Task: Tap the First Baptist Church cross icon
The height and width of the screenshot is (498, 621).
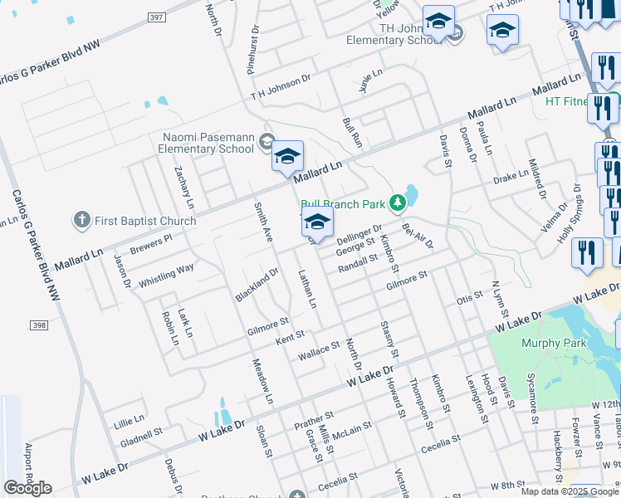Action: click(81, 221)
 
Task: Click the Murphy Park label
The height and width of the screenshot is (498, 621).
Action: click(554, 344)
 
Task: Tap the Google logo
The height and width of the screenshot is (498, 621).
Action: click(27, 488)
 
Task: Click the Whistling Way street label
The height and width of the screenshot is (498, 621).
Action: click(166, 273)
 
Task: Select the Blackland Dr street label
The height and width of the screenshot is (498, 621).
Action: click(256, 284)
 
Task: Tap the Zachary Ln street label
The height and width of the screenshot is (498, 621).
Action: click(183, 187)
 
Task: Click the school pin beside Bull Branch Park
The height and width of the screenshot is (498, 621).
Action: click(317, 222)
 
